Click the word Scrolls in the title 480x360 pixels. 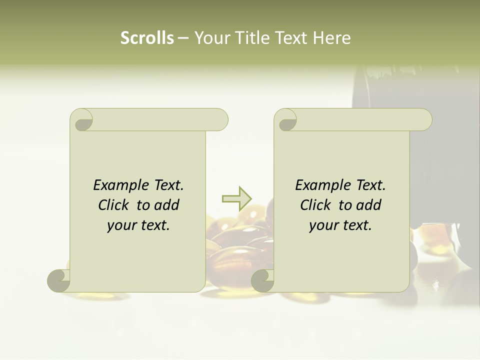147,38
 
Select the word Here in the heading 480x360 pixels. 332,38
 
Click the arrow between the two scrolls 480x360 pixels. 236,198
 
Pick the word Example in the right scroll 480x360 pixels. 322,185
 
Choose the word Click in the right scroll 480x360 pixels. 316,205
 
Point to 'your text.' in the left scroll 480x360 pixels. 138,225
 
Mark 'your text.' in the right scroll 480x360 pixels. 340,225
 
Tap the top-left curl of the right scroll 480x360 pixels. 286,120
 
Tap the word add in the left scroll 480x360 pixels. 166,205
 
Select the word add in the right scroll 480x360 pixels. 368,205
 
